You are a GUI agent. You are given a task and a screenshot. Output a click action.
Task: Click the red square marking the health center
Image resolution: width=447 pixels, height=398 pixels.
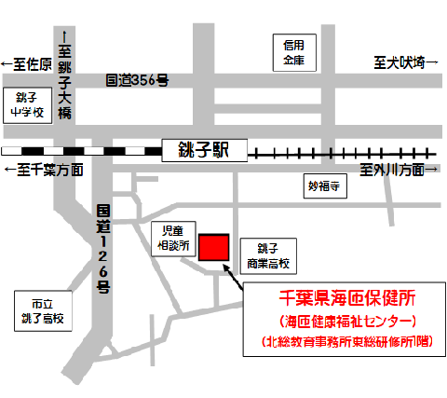[x=213, y=247]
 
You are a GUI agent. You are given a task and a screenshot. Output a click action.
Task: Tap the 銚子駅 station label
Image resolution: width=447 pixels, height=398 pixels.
[x=201, y=150]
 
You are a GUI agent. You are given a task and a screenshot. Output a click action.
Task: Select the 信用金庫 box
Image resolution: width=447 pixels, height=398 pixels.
[x=294, y=52]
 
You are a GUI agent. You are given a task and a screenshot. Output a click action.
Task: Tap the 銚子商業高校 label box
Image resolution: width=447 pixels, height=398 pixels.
[x=268, y=255]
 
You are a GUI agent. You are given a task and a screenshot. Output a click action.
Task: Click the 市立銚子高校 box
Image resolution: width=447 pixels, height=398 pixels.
[x=42, y=311]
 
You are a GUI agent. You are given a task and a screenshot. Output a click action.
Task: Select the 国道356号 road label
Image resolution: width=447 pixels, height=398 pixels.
[x=137, y=81]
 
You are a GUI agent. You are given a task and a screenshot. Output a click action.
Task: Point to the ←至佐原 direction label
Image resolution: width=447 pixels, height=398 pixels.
[x=25, y=63]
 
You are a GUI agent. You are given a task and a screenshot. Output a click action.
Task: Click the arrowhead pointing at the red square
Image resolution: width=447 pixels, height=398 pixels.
[x=226, y=268]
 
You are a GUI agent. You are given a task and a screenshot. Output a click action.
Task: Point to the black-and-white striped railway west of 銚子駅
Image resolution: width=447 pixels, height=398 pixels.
[x=79, y=150]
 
